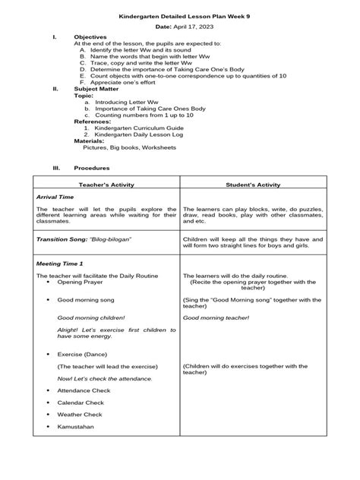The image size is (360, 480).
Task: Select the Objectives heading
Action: tap(90, 37)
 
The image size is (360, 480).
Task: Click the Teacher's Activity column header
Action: tap(105, 185)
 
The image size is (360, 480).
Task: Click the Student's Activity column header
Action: tap(254, 185)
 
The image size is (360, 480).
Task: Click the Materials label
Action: tap(89, 141)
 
